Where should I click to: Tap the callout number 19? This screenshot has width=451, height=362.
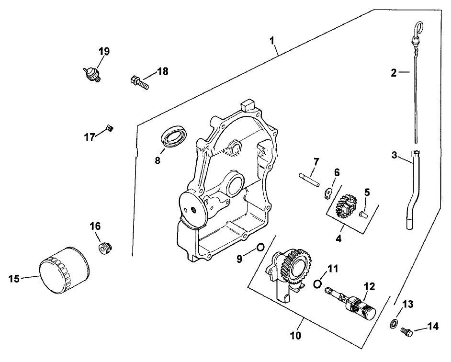click(x=104, y=51)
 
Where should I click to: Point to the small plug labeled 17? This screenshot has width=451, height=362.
click(x=109, y=127)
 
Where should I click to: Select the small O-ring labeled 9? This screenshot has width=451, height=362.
click(x=260, y=247)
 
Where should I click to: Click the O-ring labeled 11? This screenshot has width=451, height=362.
click(x=317, y=284)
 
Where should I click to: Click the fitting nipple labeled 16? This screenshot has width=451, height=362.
click(x=103, y=249)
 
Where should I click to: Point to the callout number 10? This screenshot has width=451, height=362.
click(x=295, y=336)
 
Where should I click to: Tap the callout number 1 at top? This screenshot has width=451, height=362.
click(x=273, y=40)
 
